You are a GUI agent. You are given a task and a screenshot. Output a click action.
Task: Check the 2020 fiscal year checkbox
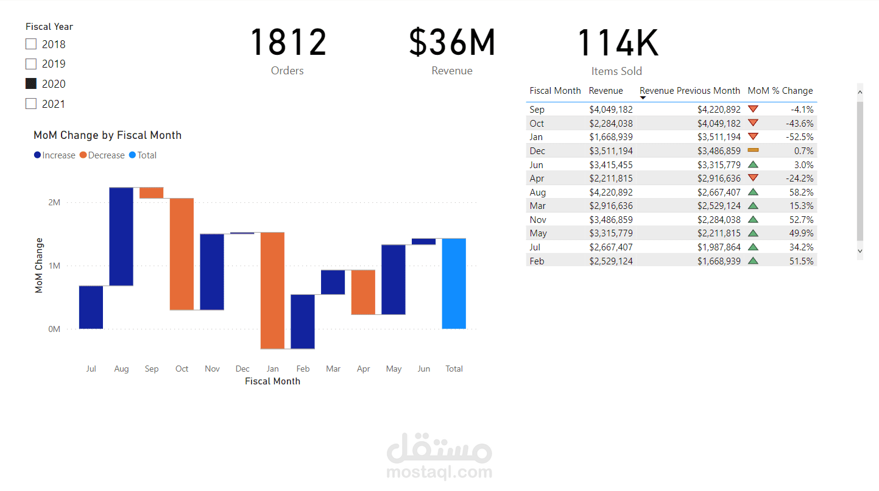pyautogui.click(x=31, y=84)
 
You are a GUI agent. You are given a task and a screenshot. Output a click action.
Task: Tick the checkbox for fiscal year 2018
pyautogui.click(x=31, y=44)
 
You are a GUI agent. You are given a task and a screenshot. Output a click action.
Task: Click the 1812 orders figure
pyautogui.click(x=288, y=43)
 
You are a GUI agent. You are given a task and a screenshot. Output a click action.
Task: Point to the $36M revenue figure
pyautogui.click(x=452, y=43)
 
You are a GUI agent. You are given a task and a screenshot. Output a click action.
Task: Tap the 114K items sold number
pyautogui.click(x=617, y=43)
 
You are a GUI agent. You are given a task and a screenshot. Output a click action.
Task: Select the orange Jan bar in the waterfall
pyautogui.click(x=272, y=291)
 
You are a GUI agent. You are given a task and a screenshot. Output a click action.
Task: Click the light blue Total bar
pyautogui.click(x=454, y=283)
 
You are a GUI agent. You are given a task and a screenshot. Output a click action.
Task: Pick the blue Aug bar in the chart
pyautogui.click(x=121, y=236)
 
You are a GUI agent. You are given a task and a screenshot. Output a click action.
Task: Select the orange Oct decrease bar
pyautogui.click(x=182, y=254)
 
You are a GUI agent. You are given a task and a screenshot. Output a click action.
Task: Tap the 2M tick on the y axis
pyautogui.click(x=54, y=202)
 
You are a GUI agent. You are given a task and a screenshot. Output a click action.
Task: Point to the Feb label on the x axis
pyautogui.click(x=303, y=369)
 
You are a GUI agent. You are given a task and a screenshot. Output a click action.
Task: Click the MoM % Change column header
pyautogui.click(x=780, y=91)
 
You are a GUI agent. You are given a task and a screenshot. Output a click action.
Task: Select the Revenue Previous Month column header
pyautogui.click(x=690, y=91)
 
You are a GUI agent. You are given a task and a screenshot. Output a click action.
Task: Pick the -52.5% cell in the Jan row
pyautogui.click(x=800, y=137)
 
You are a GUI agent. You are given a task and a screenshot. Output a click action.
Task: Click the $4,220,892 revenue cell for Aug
pyautogui.click(x=611, y=193)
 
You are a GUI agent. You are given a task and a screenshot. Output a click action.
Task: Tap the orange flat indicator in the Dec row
pyautogui.click(x=753, y=150)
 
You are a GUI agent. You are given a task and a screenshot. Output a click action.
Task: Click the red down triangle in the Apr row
pyautogui.click(x=753, y=178)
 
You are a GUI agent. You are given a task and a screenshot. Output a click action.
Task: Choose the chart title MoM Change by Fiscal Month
pyautogui.click(x=107, y=135)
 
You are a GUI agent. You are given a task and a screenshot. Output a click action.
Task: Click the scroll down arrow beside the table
pyautogui.click(x=860, y=250)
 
